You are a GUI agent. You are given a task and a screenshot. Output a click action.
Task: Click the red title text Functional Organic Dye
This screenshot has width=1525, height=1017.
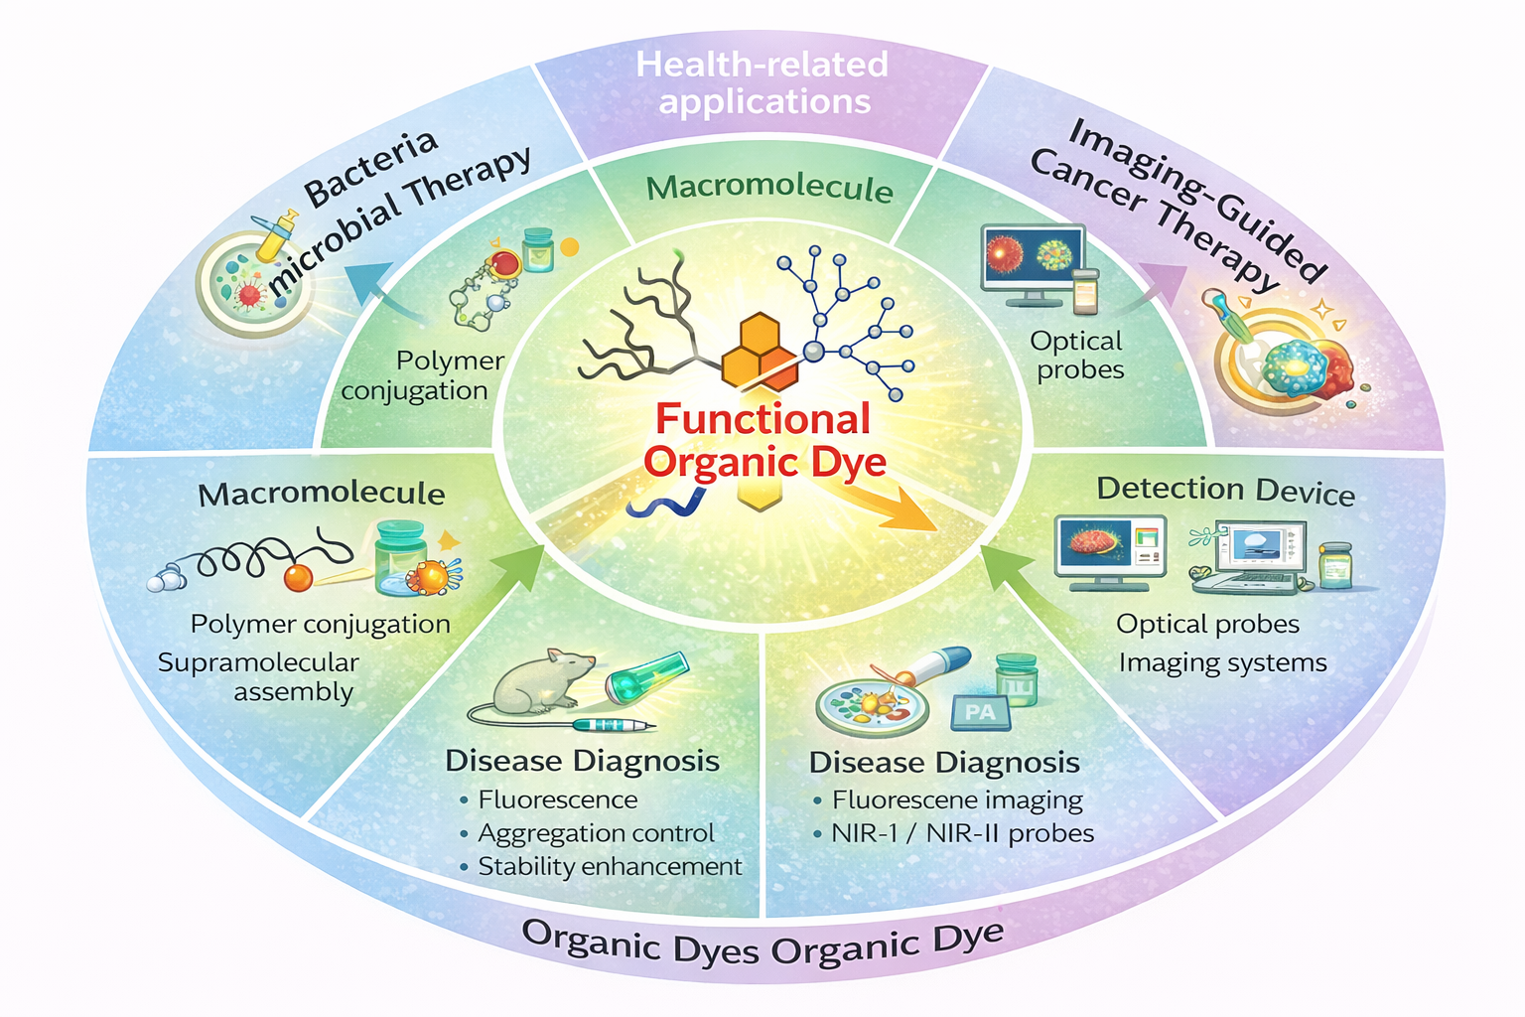tap(762, 441)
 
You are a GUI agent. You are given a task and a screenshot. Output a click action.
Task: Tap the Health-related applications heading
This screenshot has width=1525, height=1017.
tap(762, 83)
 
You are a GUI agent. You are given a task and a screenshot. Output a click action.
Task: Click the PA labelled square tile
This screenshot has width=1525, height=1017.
tap(979, 711)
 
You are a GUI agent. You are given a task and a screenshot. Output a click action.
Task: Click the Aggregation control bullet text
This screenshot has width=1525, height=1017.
tap(596, 833)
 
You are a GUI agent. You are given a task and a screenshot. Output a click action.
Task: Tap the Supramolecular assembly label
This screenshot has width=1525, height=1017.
tap(260, 676)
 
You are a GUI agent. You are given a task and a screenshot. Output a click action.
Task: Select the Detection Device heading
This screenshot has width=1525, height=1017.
tap(1225, 491)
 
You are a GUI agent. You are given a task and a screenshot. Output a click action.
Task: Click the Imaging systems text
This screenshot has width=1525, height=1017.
tap(1222, 662)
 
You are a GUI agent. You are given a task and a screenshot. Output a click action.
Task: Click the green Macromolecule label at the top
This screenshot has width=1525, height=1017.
tap(769, 188)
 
